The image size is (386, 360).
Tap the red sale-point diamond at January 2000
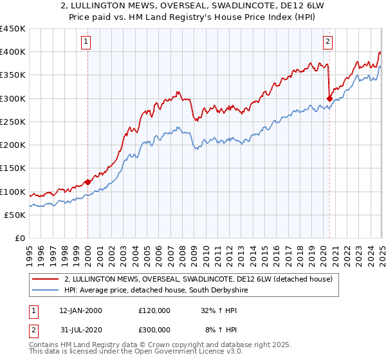pyautogui.click(x=88, y=182)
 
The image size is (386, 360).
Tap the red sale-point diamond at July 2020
pyautogui.click(x=330, y=98)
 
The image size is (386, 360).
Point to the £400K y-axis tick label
pyautogui.click(x=13, y=52)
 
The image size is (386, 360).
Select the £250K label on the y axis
pyautogui.click(x=13, y=122)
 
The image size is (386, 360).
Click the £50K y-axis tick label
pyautogui.click(x=15, y=215)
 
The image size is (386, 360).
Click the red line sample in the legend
pyautogui.click(x=45, y=279)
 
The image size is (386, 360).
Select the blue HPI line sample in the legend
pyautogui.click(x=45, y=291)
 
